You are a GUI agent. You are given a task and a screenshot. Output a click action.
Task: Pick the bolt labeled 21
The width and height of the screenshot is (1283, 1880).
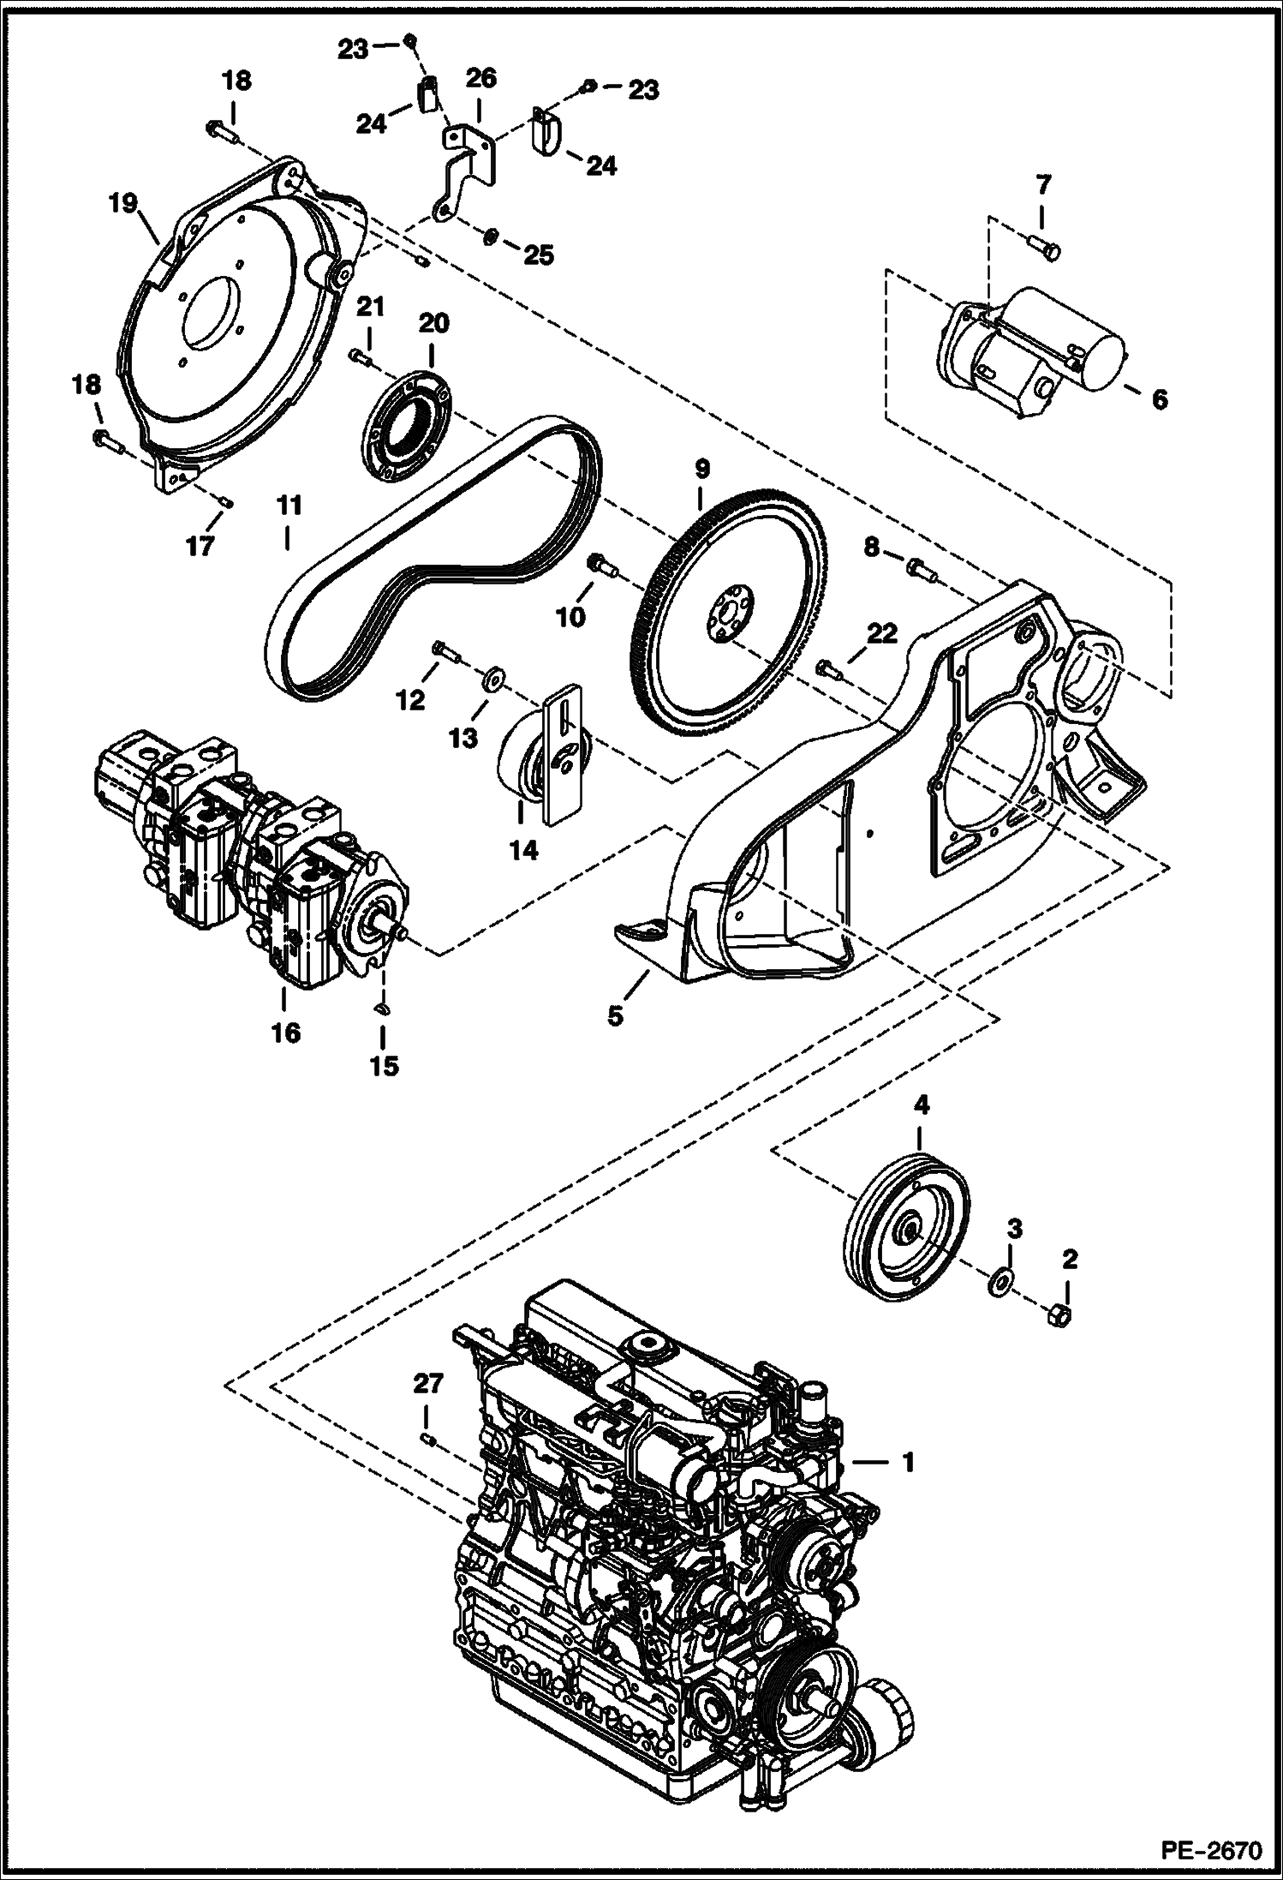359,357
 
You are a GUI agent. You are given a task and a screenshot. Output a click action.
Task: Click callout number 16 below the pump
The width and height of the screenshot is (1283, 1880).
285,1033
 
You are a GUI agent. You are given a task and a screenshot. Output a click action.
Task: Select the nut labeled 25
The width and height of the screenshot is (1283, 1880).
492,236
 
